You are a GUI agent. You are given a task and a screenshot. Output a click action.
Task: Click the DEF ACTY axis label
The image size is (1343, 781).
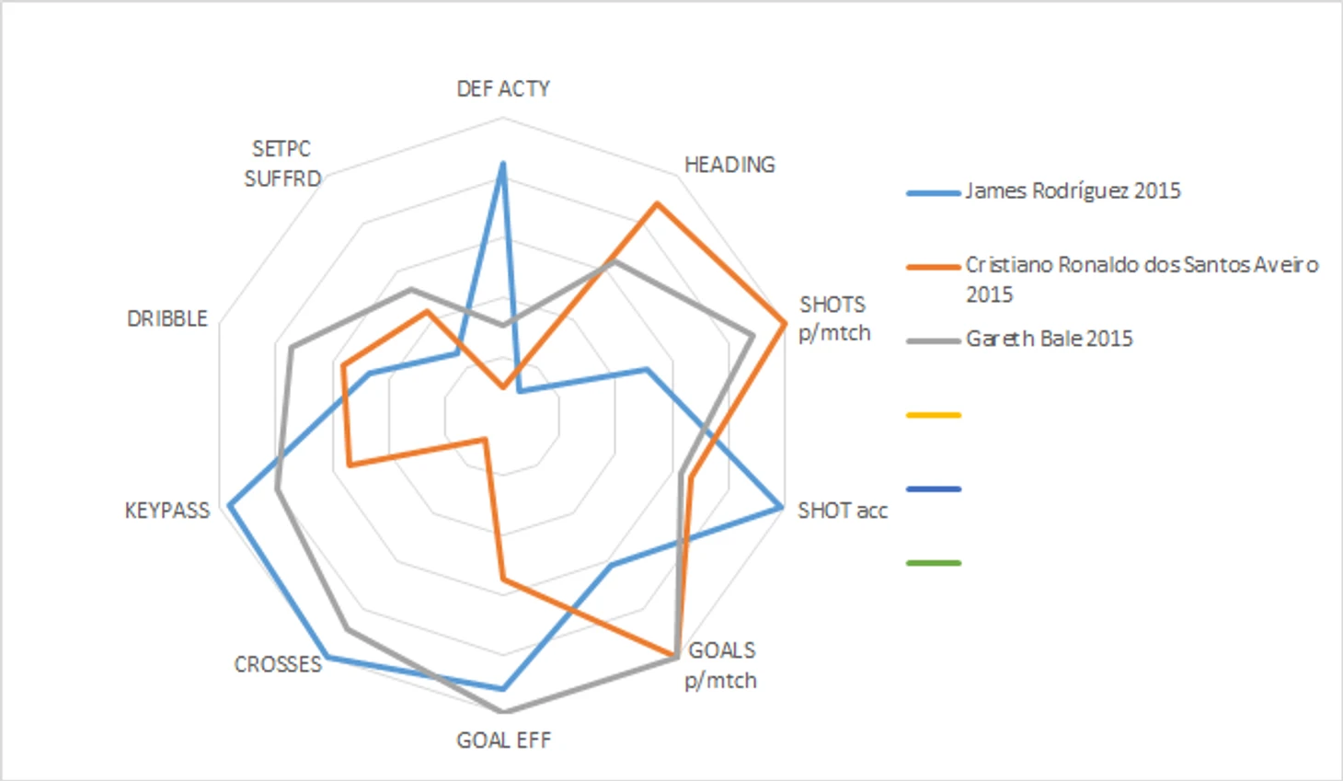pyautogui.click(x=503, y=88)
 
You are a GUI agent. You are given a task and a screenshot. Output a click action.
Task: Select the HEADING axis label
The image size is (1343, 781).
pyautogui.click(x=729, y=165)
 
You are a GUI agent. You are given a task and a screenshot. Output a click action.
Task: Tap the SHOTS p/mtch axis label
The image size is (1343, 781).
pyautogui.click(x=833, y=318)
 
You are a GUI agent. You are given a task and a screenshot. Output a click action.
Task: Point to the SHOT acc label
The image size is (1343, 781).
pyautogui.click(x=842, y=511)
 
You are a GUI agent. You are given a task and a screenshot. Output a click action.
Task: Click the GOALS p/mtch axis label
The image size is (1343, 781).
pyautogui.click(x=721, y=665)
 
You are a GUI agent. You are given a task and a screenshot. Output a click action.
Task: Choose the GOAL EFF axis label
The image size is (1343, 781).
pyautogui.click(x=503, y=741)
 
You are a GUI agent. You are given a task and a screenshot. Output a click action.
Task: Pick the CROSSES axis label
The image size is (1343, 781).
pyautogui.click(x=278, y=664)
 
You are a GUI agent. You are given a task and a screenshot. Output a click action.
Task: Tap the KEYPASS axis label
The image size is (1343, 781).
pyautogui.click(x=167, y=511)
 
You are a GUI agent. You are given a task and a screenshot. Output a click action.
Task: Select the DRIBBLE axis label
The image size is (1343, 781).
pyautogui.click(x=167, y=318)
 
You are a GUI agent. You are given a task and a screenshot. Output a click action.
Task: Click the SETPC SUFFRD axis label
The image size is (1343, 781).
pyautogui.click(x=282, y=164)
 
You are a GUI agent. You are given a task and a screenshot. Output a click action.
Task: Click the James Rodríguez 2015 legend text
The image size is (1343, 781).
pyautogui.click(x=1073, y=191)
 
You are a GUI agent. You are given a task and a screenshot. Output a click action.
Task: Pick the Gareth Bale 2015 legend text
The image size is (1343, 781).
pyautogui.click(x=1049, y=339)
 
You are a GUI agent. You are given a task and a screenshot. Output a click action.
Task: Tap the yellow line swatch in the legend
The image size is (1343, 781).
pyautogui.click(x=934, y=416)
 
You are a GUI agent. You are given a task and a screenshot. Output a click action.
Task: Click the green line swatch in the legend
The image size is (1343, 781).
pyautogui.click(x=934, y=562)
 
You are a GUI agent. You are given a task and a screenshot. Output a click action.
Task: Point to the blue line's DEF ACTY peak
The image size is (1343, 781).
pyautogui.click(x=502, y=164)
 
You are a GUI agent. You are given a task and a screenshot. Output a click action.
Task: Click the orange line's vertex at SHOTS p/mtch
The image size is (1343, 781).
pyautogui.click(x=784, y=323)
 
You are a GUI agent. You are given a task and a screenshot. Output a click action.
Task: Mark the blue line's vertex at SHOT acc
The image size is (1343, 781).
pyautogui.click(x=781, y=507)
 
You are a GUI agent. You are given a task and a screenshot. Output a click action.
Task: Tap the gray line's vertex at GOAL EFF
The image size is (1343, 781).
pyautogui.click(x=502, y=711)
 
